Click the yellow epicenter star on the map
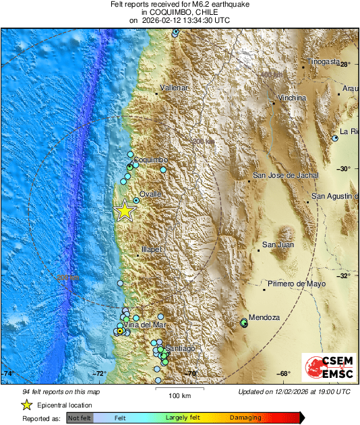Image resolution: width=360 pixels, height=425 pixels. point(124,211)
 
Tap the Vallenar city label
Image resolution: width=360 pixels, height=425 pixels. point(173,88)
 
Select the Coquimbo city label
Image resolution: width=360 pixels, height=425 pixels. point(150,159)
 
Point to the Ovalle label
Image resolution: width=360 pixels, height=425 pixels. point(150,194)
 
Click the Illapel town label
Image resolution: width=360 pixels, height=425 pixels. point(151,249)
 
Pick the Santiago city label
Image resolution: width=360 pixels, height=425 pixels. point(181,348)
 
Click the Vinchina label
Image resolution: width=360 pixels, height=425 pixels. point(292,98)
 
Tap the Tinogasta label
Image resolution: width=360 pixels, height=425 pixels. point(324,61)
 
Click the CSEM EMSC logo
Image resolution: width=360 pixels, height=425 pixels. point(326,368)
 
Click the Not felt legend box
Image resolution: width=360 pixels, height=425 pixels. point(80,418)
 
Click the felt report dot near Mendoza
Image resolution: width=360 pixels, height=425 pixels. point(244,323)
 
